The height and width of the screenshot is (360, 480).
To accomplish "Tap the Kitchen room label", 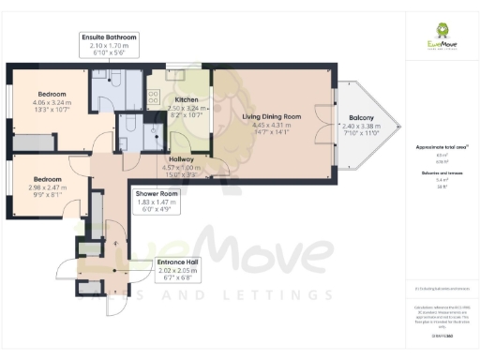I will (186, 99).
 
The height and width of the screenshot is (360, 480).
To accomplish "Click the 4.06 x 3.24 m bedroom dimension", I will (52, 103).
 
